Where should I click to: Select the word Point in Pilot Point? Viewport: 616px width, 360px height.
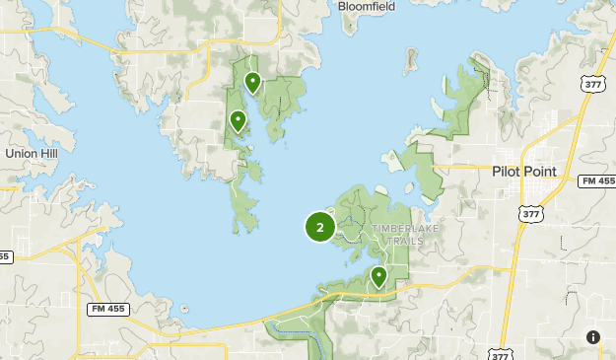pyautogui.click(x=539, y=171)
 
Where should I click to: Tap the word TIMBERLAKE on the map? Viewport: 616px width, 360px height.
pyautogui.click(x=406, y=229)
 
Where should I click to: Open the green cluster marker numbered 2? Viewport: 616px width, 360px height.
pyautogui.click(x=320, y=227)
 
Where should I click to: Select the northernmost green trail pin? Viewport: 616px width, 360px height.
pyautogui.click(x=252, y=83)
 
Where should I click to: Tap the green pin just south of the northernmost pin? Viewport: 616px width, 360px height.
pyautogui.click(x=238, y=121)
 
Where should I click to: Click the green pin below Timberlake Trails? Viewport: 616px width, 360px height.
pyautogui.click(x=378, y=277)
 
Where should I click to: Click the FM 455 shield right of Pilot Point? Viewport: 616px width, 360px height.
pyautogui.click(x=597, y=181)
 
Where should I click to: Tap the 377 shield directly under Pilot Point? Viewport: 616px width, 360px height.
pyautogui.click(x=529, y=212)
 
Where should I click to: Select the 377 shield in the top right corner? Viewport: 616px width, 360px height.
pyautogui.click(x=594, y=84)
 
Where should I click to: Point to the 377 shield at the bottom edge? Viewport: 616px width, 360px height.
pyautogui.click(x=498, y=352)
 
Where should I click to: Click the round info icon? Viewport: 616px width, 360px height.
pyautogui.click(x=592, y=337)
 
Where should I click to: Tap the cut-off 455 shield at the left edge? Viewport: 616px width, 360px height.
pyautogui.click(x=3, y=256)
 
